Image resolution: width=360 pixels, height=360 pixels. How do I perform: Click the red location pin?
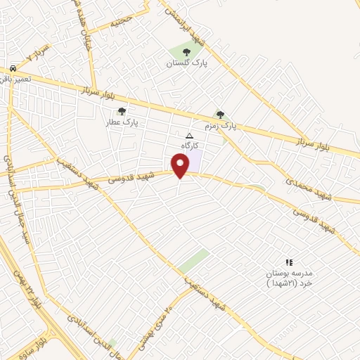tap(181, 165)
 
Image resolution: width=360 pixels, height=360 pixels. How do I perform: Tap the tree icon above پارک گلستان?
tap(186, 52)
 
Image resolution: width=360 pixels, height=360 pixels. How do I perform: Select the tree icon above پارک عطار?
tap(122, 111)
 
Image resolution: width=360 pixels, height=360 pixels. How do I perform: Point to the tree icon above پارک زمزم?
tap(220, 115)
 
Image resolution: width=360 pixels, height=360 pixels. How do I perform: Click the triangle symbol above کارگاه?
tap(188, 135)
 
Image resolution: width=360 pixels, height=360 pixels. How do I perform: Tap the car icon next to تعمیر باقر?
tap(13, 68)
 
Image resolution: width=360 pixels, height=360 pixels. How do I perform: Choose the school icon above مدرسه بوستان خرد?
tap(289, 262)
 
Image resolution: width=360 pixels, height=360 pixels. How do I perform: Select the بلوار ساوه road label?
tap(41, 347)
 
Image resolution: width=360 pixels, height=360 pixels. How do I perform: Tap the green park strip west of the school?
tap(193, 260)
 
